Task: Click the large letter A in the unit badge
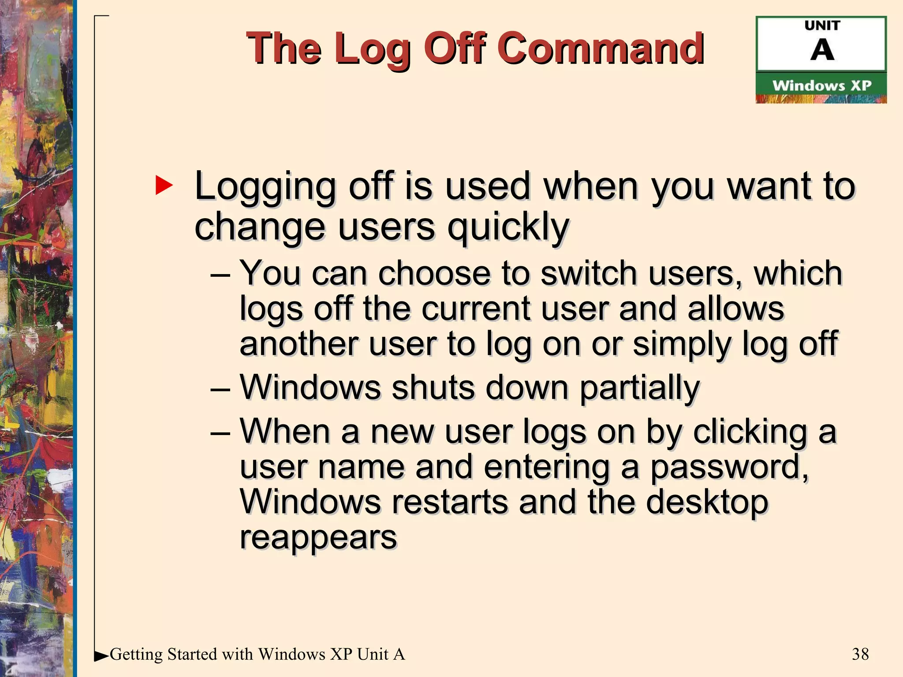click(x=822, y=50)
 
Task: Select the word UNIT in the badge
click(x=822, y=26)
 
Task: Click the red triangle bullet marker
click(x=164, y=186)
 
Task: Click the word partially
click(x=639, y=388)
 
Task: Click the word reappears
click(x=318, y=537)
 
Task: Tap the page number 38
click(x=860, y=654)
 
